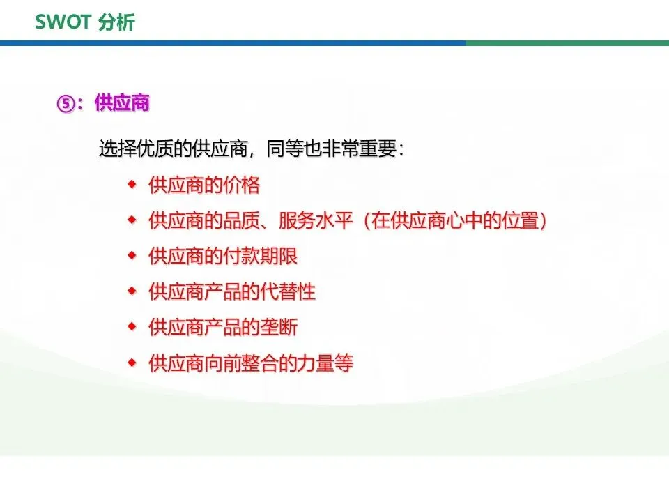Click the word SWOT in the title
click(63, 22)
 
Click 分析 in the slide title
click(116, 22)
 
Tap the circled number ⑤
click(66, 104)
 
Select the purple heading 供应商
click(122, 103)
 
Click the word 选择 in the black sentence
click(117, 149)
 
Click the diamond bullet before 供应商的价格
click(132, 184)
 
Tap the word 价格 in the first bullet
click(242, 185)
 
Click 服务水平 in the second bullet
click(316, 220)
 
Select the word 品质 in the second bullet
click(242, 220)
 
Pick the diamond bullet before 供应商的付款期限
click(132, 256)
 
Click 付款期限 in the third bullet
click(260, 256)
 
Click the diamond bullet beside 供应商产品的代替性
click(132, 291)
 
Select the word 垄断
click(279, 328)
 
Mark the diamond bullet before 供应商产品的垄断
click(132, 327)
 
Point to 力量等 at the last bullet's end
click(325, 363)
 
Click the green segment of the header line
click(567, 43)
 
